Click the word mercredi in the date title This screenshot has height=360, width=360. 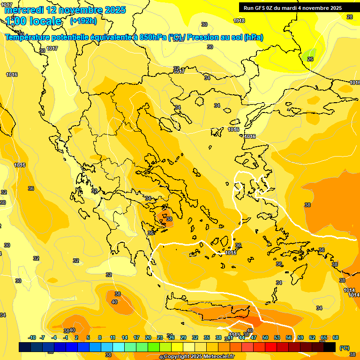click(23, 10)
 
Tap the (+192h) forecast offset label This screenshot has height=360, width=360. click(83, 21)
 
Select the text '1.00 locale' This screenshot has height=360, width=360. click(34, 21)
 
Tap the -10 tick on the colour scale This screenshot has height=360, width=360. click(32, 337)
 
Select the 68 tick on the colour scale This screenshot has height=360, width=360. click(336, 337)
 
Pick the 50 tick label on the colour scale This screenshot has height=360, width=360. click(265, 337)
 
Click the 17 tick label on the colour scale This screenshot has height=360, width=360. click(136, 337)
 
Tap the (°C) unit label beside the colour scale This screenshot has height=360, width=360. click(344, 348)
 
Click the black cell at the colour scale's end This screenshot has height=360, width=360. click(330, 347)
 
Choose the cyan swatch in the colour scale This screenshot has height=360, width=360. click(119, 347)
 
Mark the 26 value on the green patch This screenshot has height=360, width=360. click(310, 59)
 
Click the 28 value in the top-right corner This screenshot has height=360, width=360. click(350, 17)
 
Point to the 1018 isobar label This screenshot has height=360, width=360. click(239, 21)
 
